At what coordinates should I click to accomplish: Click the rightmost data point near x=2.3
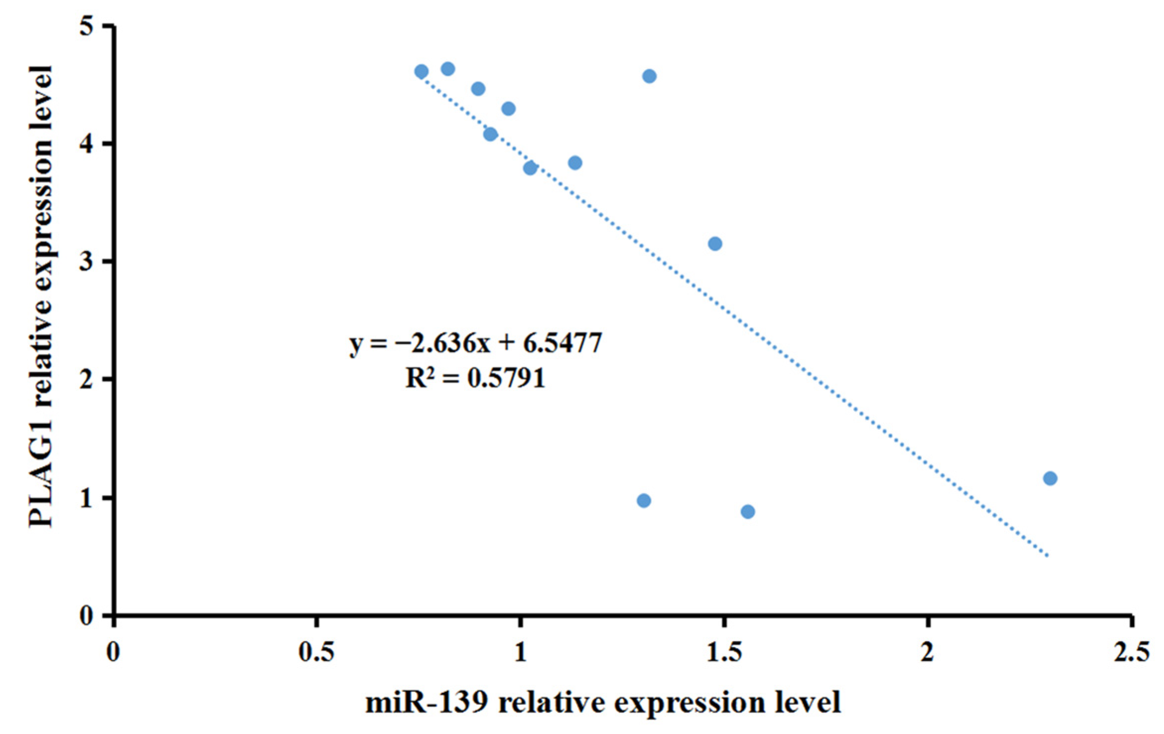1050,478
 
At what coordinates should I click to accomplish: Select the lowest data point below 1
748,512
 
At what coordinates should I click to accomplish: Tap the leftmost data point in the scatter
421,71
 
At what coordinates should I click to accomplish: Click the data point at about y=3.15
715,244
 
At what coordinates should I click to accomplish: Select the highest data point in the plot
448,69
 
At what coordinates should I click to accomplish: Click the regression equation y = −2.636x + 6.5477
475,343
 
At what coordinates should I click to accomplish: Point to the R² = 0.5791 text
475,378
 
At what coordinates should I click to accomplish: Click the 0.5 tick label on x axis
316,652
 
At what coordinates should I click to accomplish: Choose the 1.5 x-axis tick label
724,652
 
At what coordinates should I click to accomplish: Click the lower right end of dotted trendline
1047,556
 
